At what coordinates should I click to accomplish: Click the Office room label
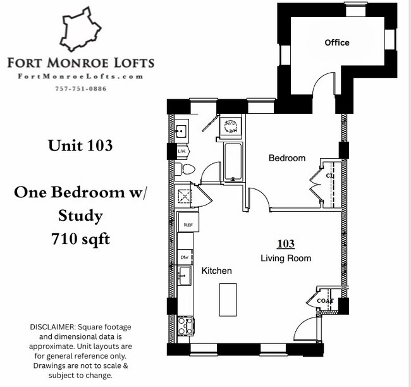pos(337,43)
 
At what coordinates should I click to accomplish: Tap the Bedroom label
pos(287,158)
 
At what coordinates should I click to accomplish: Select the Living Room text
pos(286,259)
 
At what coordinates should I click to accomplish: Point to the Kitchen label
pos(217,271)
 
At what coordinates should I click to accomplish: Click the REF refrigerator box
pos(188,223)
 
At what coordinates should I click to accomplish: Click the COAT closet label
pos(324,301)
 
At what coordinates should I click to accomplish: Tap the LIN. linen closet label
pos(181,152)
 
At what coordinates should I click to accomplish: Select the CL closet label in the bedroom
pos(329,175)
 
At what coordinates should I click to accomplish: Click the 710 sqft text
pos(80,240)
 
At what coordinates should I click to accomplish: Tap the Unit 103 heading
pos(80,145)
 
